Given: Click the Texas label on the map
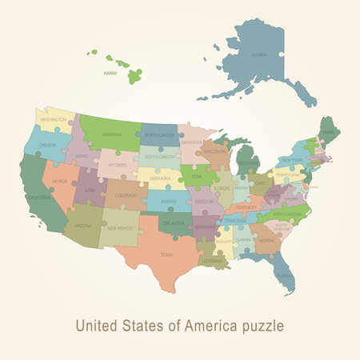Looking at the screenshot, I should [166, 254].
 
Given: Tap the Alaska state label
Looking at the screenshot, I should [259, 54].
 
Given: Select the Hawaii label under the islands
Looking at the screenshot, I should [110, 72].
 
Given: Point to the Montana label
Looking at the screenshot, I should [112, 135].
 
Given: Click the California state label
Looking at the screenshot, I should [38, 196].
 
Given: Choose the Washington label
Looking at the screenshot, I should [53, 120].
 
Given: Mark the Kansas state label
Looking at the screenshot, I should [167, 202].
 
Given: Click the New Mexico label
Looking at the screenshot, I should [120, 228].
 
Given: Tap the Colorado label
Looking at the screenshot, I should [126, 194].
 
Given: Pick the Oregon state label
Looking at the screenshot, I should [47, 146].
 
